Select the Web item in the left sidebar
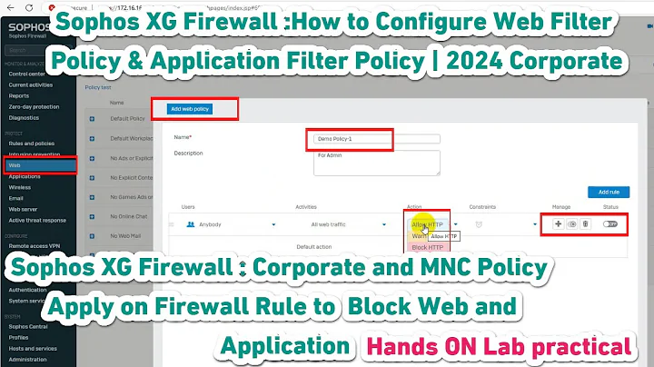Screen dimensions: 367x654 15,165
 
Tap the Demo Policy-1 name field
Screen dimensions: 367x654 375,139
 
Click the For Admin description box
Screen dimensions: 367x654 375,162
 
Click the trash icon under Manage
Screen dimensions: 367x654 585,223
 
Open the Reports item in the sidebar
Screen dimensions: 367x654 19,95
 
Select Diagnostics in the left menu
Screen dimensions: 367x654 25,117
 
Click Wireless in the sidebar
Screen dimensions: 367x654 21,186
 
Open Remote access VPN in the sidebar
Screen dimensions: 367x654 34,246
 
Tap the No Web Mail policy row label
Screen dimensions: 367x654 125,239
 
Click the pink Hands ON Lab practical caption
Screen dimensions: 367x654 498,346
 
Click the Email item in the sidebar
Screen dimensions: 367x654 16,197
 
